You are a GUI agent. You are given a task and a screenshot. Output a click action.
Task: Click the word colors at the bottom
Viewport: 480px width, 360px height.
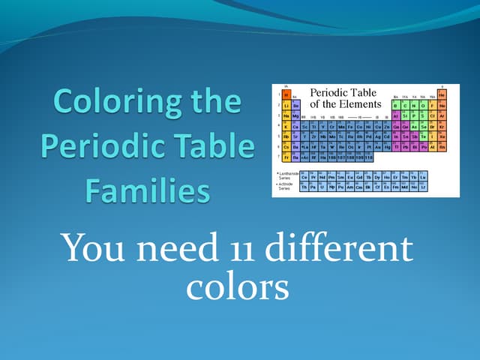(237, 286)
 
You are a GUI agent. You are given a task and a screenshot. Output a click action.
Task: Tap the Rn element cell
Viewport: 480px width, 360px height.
(442, 147)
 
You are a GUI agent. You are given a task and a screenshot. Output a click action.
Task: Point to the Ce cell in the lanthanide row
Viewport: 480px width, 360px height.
(304, 177)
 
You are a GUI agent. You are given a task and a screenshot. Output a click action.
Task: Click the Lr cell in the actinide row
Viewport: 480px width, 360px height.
(423, 187)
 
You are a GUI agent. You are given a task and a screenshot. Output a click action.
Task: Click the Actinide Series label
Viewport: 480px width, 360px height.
(284, 187)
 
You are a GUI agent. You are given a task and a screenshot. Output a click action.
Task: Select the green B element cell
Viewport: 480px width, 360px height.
(395, 105)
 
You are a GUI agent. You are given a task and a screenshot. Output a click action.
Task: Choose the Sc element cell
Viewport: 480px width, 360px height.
(304, 126)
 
